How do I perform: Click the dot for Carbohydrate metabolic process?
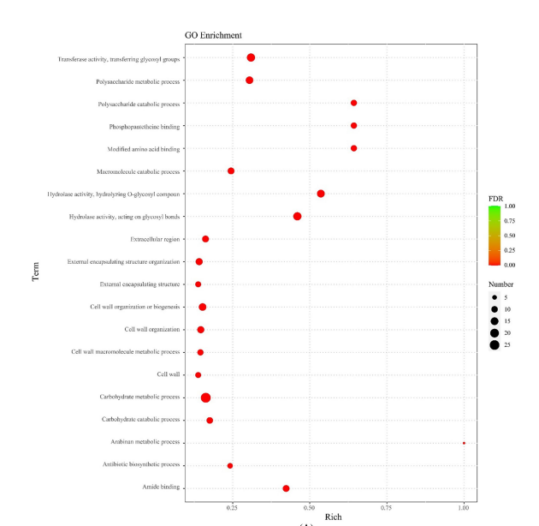(205, 397)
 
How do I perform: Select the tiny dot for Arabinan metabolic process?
(464, 443)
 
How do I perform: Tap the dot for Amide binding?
(286, 488)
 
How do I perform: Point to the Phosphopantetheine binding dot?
(353, 126)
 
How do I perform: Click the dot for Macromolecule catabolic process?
(231, 171)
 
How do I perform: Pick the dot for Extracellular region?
(205, 239)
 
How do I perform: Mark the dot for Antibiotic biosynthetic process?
(230, 466)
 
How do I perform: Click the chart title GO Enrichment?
(213, 35)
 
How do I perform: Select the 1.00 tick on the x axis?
(464, 507)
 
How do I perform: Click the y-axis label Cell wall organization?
(151, 330)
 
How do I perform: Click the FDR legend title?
(495, 197)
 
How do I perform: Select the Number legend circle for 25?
(495, 345)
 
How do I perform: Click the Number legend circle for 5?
(495, 297)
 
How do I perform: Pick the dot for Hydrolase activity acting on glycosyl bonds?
(297, 217)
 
